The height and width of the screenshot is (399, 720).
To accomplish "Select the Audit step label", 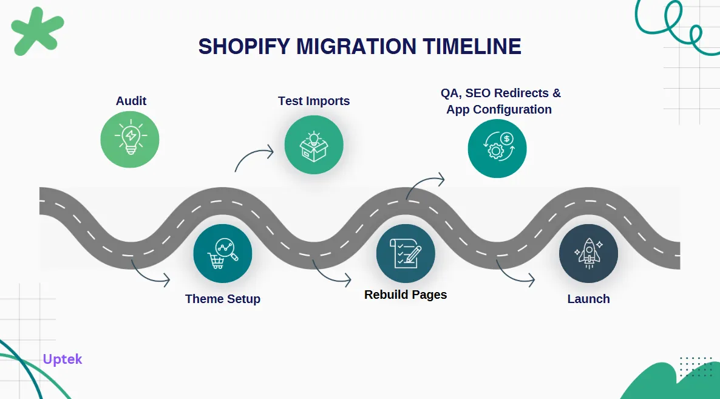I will click(131, 101).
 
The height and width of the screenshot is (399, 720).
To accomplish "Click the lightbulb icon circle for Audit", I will click(129, 140).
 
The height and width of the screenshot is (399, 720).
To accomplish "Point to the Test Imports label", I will click(314, 101).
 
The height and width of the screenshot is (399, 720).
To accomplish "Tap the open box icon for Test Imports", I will click(314, 145).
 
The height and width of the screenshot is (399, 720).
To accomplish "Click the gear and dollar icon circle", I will click(497, 148).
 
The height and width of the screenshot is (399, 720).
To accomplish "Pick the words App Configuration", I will click(499, 109).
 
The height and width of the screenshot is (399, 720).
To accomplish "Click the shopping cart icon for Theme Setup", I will click(223, 254).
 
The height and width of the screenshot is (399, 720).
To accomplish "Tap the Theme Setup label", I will click(223, 299).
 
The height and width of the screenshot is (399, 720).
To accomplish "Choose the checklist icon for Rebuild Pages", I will click(406, 254).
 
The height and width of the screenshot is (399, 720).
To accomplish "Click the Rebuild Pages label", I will click(406, 295).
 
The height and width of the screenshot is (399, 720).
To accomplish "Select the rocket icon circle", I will click(588, 254).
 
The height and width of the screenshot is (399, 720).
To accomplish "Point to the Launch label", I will click(588, 299).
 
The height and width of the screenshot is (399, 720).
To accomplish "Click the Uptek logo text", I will click(63, 359).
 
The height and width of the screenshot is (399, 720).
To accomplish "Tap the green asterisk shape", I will click(38, 30).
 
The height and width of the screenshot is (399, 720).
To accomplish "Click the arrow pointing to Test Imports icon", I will click(254, 157).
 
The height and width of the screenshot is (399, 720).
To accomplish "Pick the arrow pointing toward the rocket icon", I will click(515, 275).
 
